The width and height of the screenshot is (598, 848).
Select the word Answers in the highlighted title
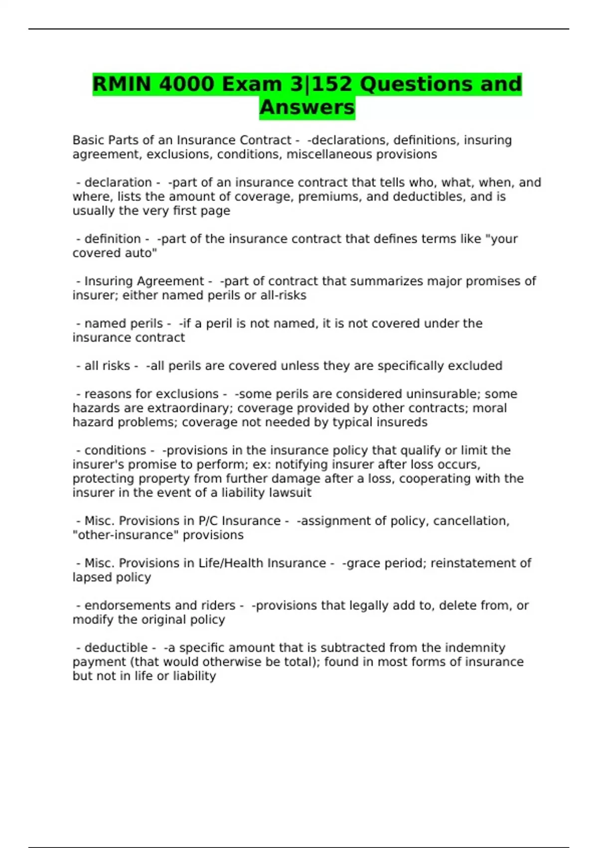tap(307, 107)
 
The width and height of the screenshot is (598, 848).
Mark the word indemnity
tap(475, 648)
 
